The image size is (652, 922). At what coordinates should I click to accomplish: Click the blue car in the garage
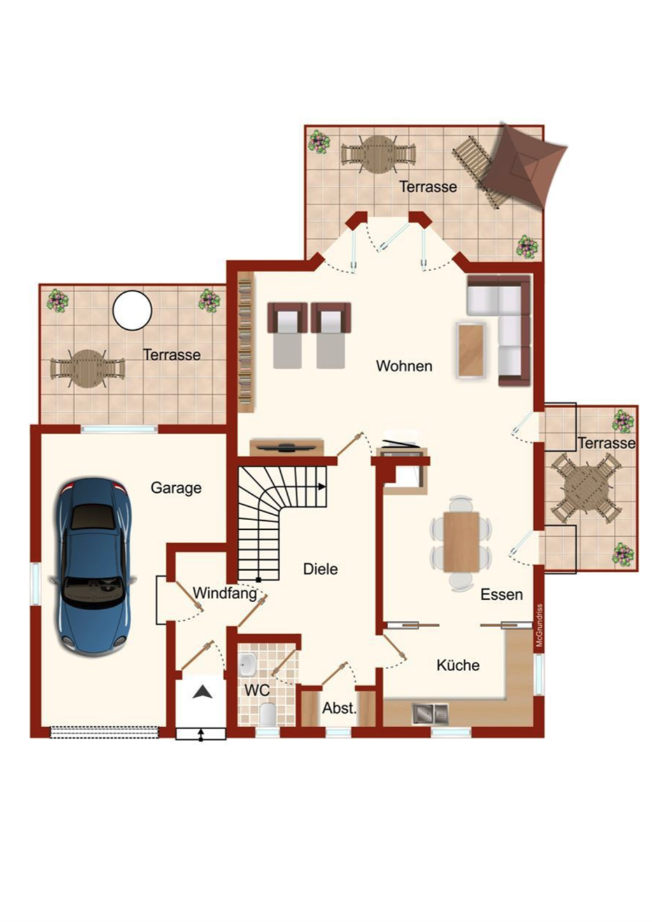(92, 567)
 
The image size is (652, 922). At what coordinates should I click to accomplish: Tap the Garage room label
(176, 488)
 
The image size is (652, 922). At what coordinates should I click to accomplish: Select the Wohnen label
(404, 366)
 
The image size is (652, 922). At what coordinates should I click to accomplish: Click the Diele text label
(320, 569)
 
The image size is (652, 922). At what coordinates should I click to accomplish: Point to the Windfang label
(225, 593)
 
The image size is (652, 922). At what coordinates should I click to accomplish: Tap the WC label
(257, 690)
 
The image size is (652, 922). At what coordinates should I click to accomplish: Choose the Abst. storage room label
(339, 709)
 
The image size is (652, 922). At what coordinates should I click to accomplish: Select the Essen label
(502, 594)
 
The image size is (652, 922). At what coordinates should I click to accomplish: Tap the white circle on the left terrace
(132, 310)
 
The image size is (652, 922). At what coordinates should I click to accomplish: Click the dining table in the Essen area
(462, 542)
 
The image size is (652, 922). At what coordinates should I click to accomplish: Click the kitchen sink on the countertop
(430, 714)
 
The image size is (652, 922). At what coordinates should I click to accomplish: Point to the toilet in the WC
(267, 714)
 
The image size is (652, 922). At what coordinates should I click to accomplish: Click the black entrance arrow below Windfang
(202, 692)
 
